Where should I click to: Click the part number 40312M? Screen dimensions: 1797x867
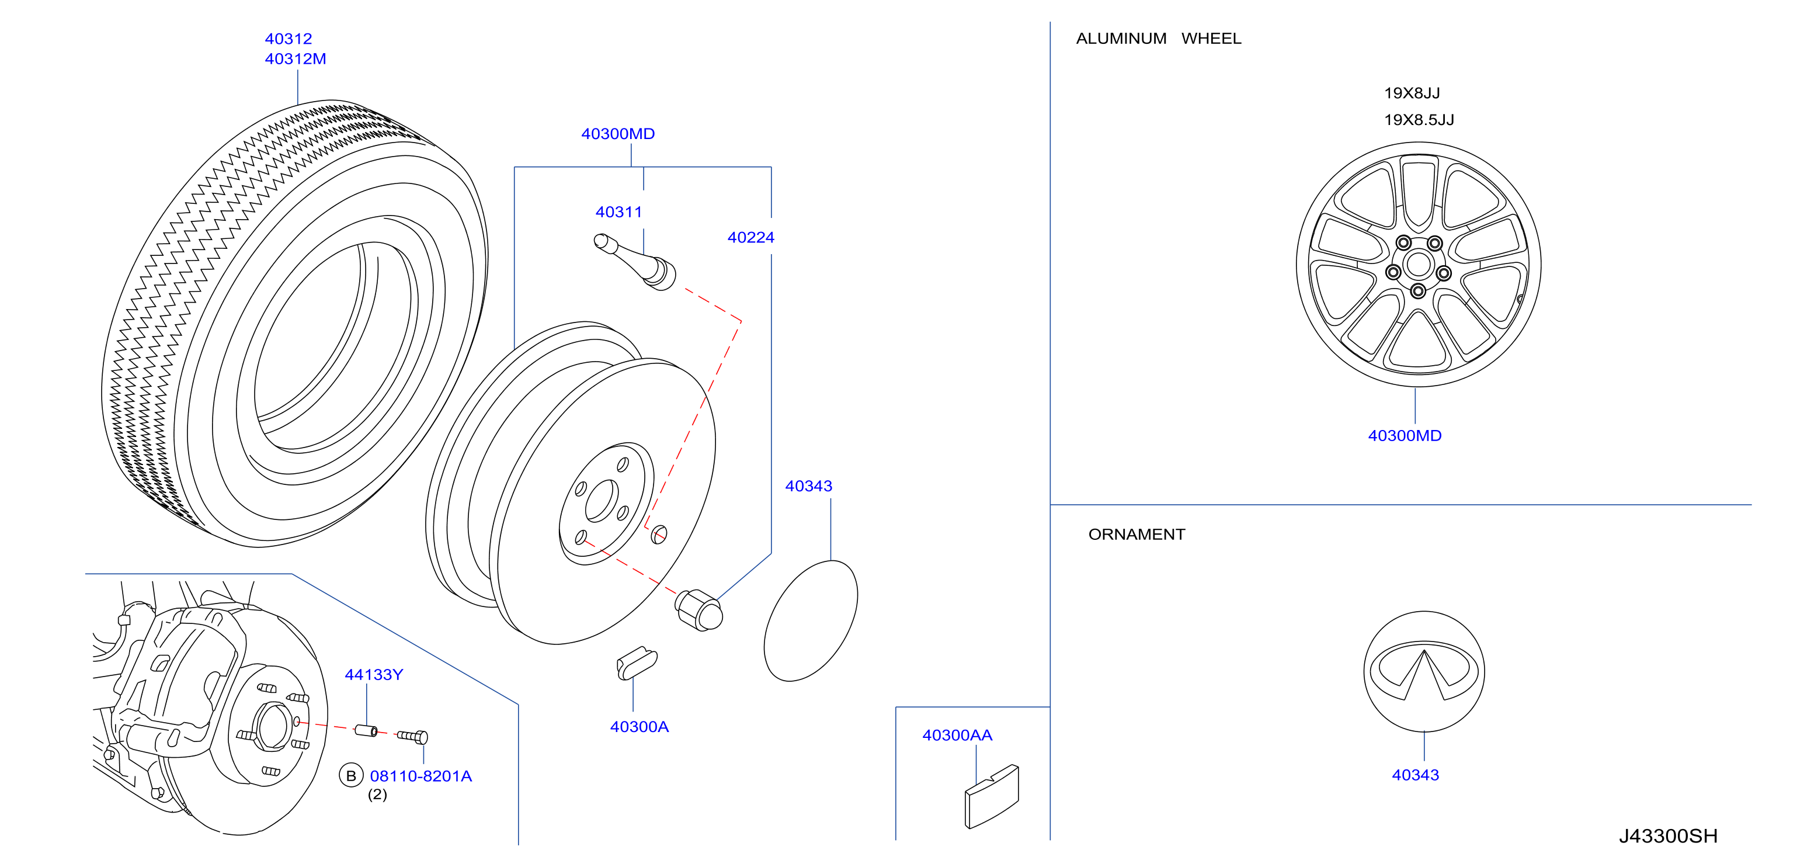295,58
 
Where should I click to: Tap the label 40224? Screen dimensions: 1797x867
750,237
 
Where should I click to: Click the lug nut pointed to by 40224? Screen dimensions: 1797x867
698,610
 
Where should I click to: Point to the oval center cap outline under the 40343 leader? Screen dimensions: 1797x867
811,620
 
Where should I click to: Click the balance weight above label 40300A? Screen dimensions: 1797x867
636,663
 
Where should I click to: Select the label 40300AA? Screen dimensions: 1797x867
957,735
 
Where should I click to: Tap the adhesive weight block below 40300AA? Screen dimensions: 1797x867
991,796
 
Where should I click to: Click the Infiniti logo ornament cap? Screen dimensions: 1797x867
1424,671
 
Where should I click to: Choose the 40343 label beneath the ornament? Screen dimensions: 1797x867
1416,775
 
